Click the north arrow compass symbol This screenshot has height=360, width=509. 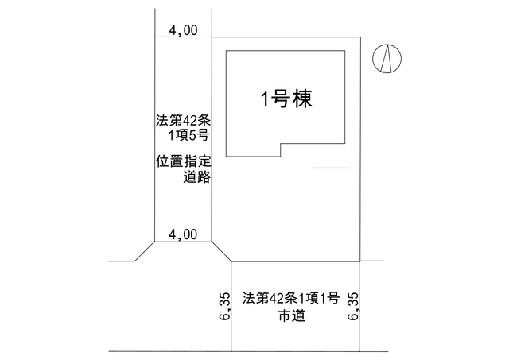point(387,58)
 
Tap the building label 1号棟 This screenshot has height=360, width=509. point(286,99)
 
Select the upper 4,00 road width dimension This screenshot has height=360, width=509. point(183,30)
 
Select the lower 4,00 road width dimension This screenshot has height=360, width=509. point(183,234)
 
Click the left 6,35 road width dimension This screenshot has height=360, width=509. point(224,307)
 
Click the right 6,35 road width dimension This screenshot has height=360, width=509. point(353,307)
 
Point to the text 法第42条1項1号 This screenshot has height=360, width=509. point(290,298)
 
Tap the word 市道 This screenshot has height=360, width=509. point(292,315)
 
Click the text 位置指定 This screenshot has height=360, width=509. point(184,161)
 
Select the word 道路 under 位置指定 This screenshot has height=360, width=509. point(197,177)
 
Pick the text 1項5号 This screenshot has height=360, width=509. point(188,136)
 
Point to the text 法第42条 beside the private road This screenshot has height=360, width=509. point(183,121)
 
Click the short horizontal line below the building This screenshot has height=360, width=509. point(331,168)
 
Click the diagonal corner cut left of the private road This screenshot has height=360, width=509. point(145,251)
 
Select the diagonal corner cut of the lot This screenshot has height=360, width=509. point(222,251)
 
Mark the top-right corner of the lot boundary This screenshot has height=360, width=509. point(360,37)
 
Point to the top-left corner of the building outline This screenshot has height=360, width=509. point(226,51)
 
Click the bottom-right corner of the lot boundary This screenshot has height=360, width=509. point(360,261)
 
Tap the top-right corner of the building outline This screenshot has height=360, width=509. point(344,51)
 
